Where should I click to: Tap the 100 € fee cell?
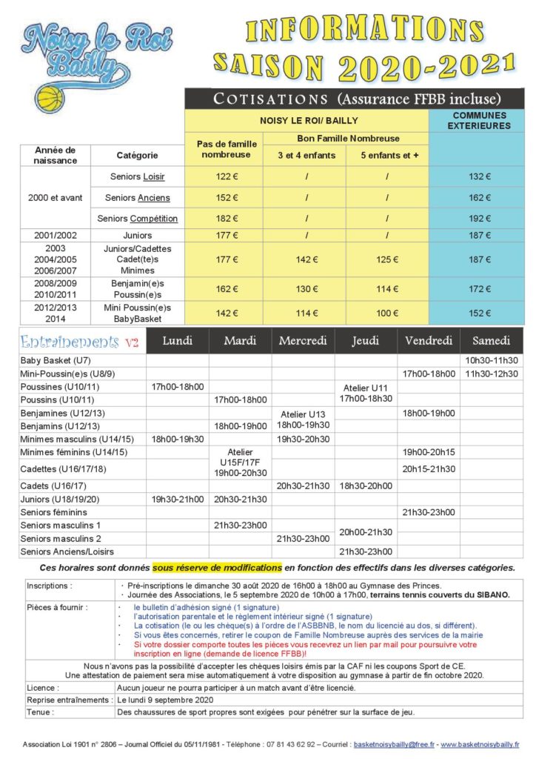point(388,314)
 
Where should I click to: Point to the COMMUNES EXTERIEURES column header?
point(479,121)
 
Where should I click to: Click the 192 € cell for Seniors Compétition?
point(479,219)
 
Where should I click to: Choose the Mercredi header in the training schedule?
point(303,341)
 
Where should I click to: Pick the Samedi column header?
point(492,341)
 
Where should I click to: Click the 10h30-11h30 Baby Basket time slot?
point(492,361)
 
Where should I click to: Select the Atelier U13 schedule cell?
point(303,420)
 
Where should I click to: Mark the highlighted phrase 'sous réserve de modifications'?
point(217,568)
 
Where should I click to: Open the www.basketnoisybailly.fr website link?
point(479,743)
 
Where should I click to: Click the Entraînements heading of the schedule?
point(70,342)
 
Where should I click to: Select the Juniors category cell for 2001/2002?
point(137,235)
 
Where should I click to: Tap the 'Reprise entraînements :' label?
point(68,700)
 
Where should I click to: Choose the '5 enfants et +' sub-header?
point(388,155)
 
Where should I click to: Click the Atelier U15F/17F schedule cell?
point(240,462)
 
